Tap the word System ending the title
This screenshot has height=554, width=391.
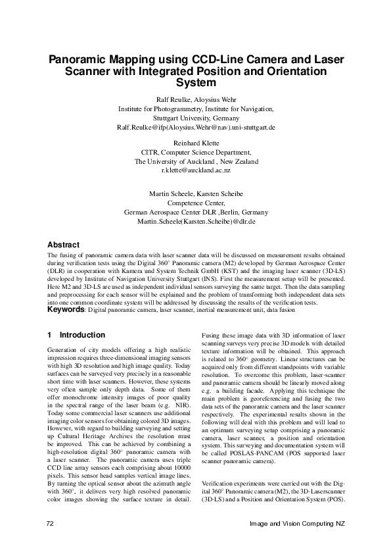click(196, 83)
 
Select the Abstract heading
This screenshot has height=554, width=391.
click(64, 244)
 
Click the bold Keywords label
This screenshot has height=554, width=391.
click(66, 309)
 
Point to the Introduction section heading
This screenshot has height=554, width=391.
click(81, 335)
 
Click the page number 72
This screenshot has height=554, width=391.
click(50, 523)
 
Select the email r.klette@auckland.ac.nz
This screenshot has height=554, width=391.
click(196, 170)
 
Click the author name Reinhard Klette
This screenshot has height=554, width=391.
click(196, 142)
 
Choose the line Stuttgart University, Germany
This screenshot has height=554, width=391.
click(196, 117)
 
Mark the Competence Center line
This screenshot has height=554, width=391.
click(196, 203)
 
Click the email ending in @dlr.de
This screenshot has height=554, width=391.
click(196, 222)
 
